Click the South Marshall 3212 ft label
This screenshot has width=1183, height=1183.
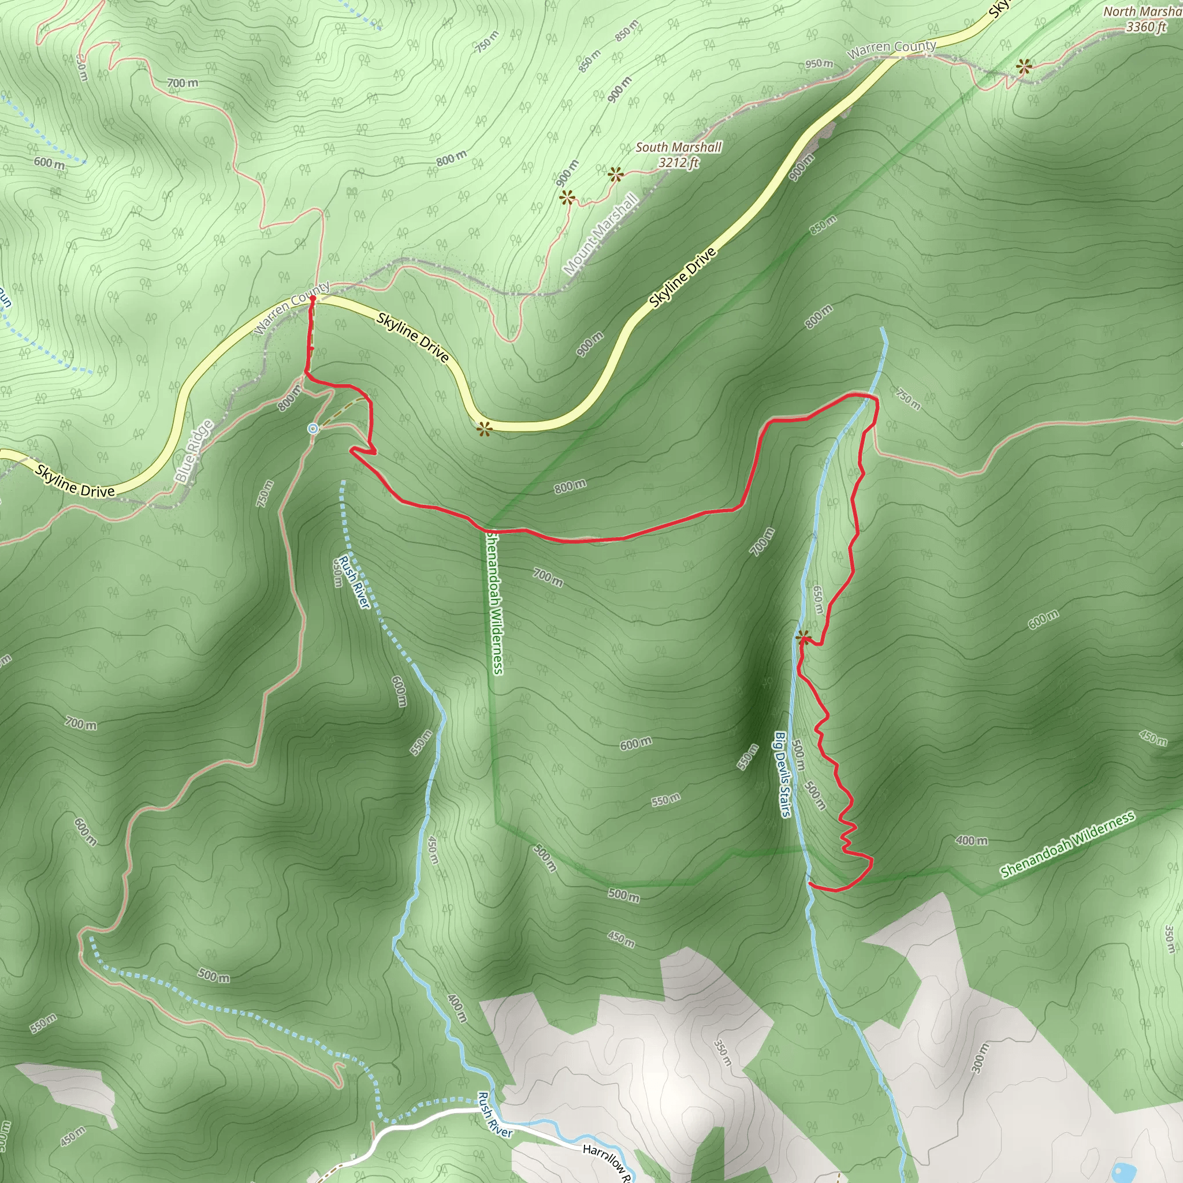pos(679,154)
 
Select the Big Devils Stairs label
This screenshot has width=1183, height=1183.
pos(783,774)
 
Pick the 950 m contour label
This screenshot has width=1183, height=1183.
pos(819,64)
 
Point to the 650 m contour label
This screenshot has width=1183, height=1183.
pos(817,600)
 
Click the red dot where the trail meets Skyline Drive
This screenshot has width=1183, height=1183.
pos(313,298)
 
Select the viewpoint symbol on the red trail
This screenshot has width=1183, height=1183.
pos(803,638)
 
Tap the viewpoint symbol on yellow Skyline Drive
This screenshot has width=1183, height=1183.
pos(484,429)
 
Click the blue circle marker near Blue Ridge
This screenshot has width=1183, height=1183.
pos(314,429)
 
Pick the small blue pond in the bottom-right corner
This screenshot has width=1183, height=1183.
pos(1122,1172)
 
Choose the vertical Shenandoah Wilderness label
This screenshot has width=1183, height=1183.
pos(495,602)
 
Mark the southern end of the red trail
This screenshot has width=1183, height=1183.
pos(810,884)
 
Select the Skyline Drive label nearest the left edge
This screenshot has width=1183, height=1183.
pos(75,481)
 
